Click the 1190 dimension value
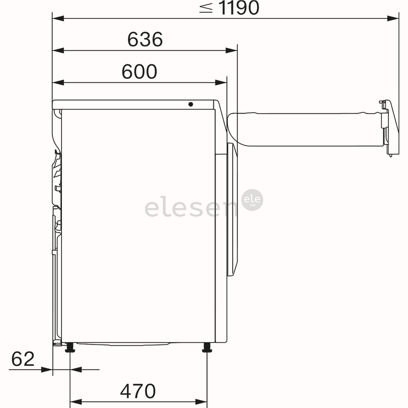240,8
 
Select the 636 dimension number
145,39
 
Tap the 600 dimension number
139,72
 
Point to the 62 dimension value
23,359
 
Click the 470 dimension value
138,391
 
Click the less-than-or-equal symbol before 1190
206,8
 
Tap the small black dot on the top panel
191,104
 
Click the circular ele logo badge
253,200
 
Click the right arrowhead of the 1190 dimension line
393,18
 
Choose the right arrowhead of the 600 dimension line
221,83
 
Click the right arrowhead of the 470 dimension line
201,402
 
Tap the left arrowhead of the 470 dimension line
76,402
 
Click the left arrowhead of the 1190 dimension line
58,18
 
